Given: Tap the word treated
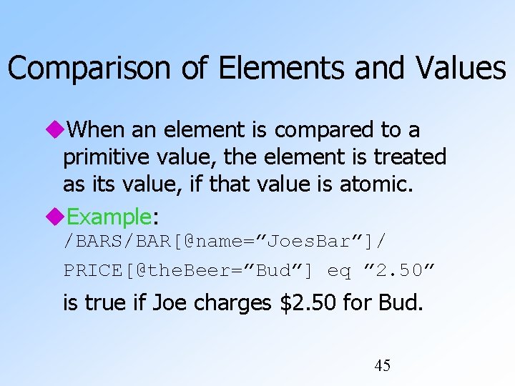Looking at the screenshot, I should point(409,157).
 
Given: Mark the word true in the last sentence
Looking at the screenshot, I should point(103,304).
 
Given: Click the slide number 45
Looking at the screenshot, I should point(383,366).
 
